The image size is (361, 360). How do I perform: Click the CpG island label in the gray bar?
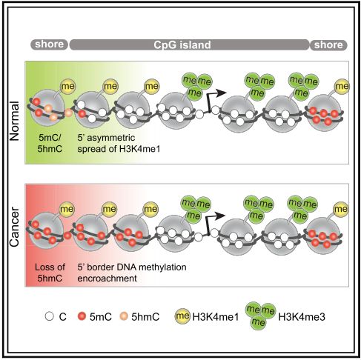[x=182, y=45]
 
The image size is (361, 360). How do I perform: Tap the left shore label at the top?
[x=50, y=44]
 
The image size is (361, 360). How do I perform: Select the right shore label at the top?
[x=328, y=45]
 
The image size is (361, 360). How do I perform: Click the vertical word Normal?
[x=14, y=121]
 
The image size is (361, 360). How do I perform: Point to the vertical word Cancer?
[x=14, y=227]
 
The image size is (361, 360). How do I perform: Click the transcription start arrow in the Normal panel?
[x=214, y=99]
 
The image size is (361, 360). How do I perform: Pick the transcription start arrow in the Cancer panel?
[x=213, y=221]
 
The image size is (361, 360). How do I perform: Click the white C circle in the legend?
[x=50, y=316]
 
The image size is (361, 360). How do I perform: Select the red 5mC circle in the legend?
[x=82, y=316]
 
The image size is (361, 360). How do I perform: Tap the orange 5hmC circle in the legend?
[x=123, y=316]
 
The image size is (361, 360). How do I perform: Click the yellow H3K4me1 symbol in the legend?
[x=182, y=316]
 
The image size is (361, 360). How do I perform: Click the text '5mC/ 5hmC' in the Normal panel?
[x=50, y=143]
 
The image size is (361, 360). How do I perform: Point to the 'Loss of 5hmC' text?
[x=50, y=273]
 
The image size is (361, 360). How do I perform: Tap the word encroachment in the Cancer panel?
[x=107, y=279]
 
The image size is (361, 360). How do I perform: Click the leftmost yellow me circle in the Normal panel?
[x=67, y=87]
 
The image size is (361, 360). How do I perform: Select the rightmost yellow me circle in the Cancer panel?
[x=341, y=210]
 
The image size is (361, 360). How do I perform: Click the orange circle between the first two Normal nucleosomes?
[x=68, y=113]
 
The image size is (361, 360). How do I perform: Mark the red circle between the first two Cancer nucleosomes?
[x=67, y=235]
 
